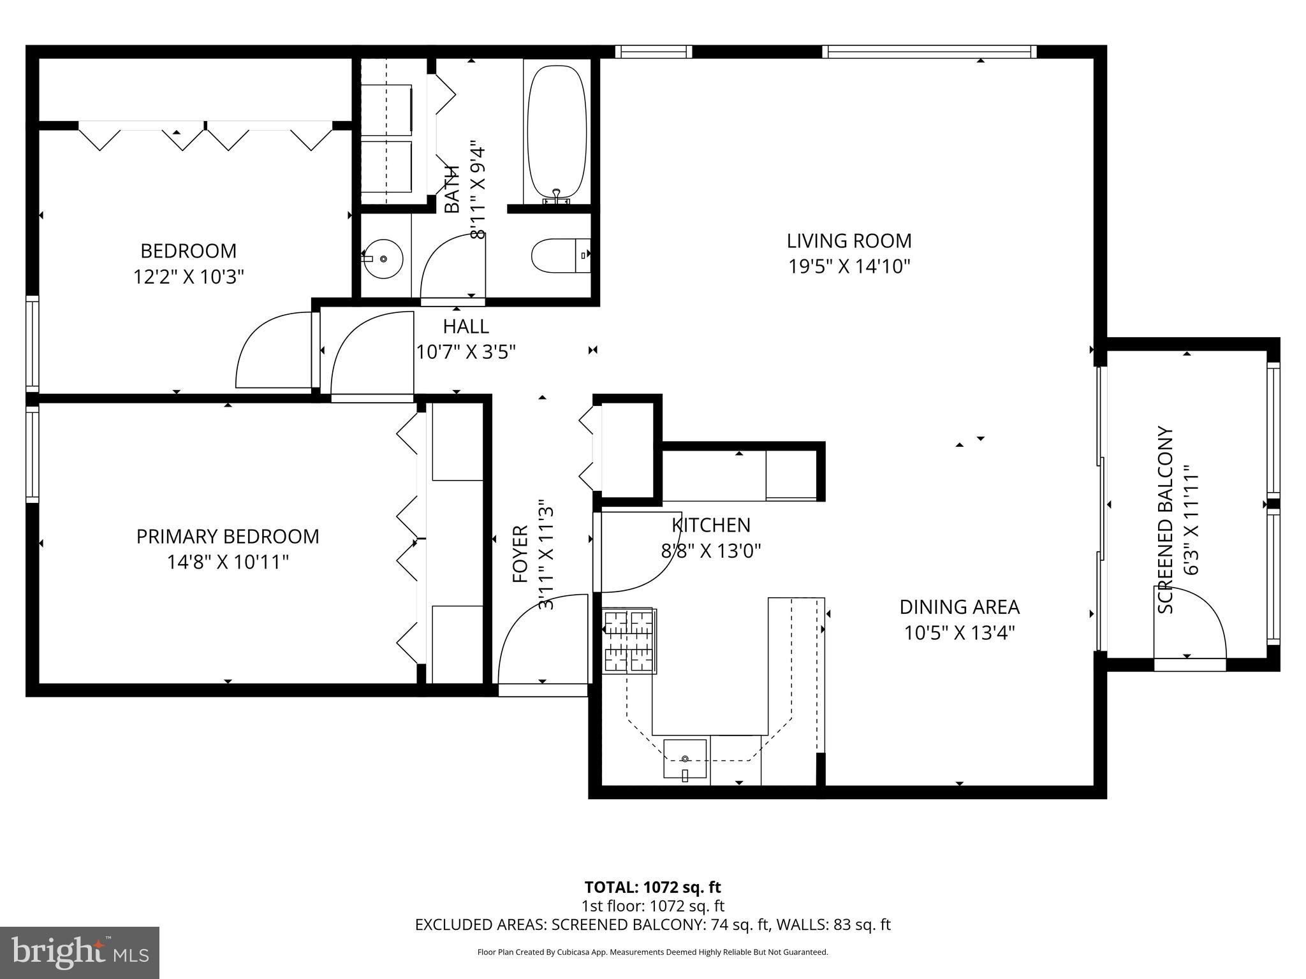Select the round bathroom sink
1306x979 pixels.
[x=383, y=259]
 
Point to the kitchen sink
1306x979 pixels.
[x=685, y=759]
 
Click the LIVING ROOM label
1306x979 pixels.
[x=849, y=241]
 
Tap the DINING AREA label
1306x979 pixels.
[x=959, y=607]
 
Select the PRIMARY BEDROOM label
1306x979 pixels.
[x=228, y=537]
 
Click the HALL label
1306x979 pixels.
[x=466, y=326]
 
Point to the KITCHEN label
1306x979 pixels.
[x=711, y=525]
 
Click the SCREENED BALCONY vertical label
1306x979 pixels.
[x=1166, y=520]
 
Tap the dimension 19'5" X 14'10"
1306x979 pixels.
[x=849, y=266]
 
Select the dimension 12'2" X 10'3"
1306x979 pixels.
[x=189, y=277]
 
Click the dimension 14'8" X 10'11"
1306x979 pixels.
[x=228, y=562]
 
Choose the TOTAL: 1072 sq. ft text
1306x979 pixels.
[x=652, y=887]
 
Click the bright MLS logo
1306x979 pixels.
[x=80, y=952]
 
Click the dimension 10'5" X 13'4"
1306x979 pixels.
[x=959, y=633]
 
